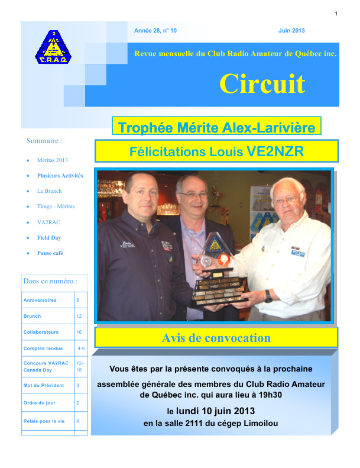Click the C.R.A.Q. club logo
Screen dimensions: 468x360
(52, 47)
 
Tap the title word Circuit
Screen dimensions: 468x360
(262, 83)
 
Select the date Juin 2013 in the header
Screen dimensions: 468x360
(291, 30)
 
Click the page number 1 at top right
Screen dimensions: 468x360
(336, 13)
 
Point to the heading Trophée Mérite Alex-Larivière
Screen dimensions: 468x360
(216, 127)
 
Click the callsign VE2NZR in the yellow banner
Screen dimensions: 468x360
(274, 151)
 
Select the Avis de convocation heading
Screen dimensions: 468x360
(216, 338)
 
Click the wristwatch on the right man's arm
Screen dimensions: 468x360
(268, 295)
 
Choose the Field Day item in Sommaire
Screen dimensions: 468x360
(49, 238)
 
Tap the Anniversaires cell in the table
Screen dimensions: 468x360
(40, 300)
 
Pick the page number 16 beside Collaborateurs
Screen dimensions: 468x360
(79, 333)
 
